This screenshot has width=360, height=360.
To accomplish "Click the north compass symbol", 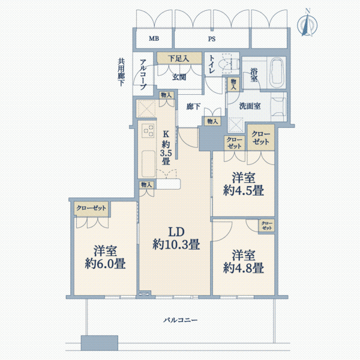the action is pyautogui.click(x=307, y=23).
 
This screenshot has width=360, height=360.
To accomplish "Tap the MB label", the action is pyautogui.click(x=154, y=38).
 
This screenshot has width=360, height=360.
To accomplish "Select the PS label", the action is pyautogui.click(x=212, y=39).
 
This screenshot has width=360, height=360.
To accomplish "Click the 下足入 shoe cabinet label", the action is pyautogui.click(x=178, y=59).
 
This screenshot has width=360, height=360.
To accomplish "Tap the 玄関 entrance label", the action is pyautogui.click(x=179, y=77).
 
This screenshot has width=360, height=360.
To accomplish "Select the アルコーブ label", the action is pyautogui.click(x=143, y=74).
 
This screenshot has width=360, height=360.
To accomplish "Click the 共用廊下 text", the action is pyautogui.click(x=121, y=72).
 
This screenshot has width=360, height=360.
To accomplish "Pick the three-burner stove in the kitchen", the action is pyautogui.click(x=148, y=130).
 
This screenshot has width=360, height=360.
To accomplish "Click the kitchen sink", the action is pyautogui.click(x=148, y=163).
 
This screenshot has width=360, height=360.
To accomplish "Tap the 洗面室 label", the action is pyautogui.click(x=250, y=106).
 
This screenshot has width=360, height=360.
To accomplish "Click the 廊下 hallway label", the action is pyautogui.click(x=193, y=107).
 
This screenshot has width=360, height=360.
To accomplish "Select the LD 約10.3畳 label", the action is pyautogui.click(x=176, y=238).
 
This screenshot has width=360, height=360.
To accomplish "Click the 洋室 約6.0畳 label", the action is pyautogui.click(x=105, y=257).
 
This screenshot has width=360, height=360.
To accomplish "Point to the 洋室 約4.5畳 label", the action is pyautogui.click(x=244, y=184).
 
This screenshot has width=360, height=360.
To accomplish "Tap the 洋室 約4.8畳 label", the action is pyautogui.click(x=244, y=262).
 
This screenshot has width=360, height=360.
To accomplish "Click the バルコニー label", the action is pyautogui.click(x=180, y=320).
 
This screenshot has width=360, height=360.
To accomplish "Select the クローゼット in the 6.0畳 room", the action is pyautogui.click(x=91, y=208).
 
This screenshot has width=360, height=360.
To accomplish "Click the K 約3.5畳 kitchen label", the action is pyautogui.click(x=166, y=148).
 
